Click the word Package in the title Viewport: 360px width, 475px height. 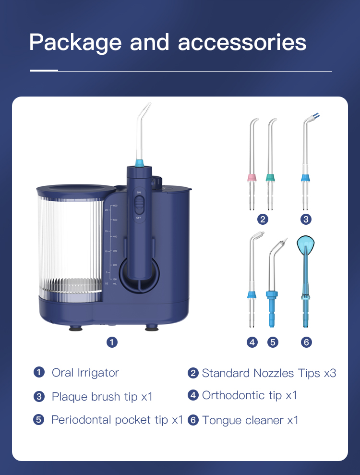(75, 43)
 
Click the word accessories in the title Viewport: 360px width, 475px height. (242, 42)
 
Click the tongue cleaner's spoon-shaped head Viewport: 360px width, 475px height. (305, 244)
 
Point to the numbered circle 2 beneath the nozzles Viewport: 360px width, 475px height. (263, 219)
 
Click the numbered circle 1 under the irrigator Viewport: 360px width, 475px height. (112, 342)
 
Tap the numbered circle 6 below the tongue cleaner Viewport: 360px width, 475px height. (306, 342)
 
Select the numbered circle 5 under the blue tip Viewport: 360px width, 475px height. (273, 342)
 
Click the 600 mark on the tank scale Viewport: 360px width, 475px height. (115, 206)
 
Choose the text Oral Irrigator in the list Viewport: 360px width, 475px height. (85, 373)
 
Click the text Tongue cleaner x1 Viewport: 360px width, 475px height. (250, 420)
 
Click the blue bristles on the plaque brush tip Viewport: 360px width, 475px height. (316, 115)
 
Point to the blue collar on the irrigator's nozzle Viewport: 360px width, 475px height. (139, 163)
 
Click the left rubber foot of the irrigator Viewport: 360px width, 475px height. (76, 329)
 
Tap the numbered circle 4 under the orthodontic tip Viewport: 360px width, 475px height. (252, 342)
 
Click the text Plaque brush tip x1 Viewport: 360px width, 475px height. (102, 397)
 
